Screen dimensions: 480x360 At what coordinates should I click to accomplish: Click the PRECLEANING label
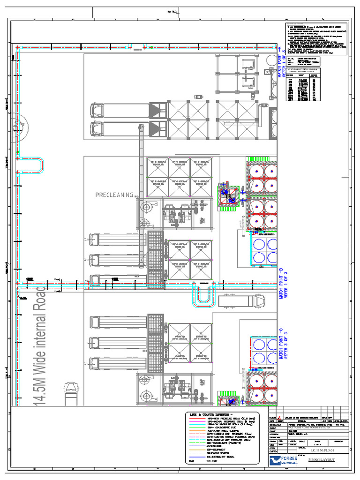[114, 195]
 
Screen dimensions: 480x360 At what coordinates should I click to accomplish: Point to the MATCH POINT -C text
[281, 344]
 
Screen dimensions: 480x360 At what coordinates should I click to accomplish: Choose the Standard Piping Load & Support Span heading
[315, 70]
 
